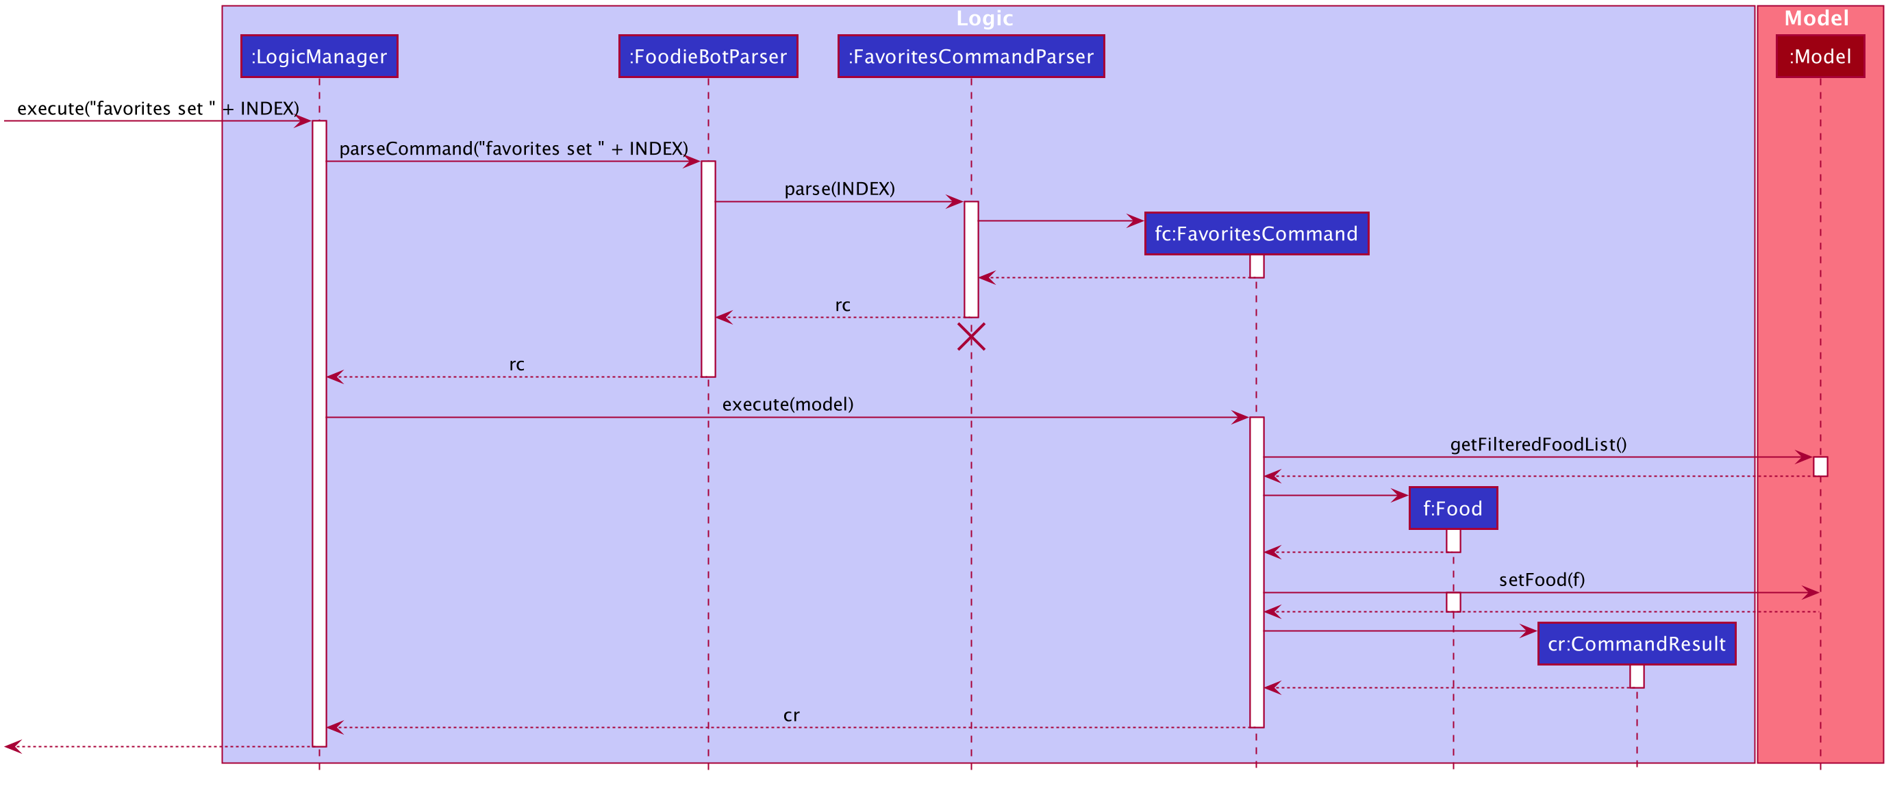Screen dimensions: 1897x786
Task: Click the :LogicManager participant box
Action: coord(319,56)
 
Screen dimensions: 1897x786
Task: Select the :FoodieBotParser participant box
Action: coord(707,56)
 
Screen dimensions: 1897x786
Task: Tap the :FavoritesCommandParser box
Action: coord(970,56)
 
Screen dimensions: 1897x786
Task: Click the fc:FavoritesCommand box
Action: coord(1256,233)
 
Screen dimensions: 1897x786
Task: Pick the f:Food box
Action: coord(1453,508)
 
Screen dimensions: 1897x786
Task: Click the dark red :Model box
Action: coord(1820,56)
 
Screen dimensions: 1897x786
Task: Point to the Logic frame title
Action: coord(985,18)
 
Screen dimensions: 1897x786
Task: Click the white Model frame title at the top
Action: coord(1816,18)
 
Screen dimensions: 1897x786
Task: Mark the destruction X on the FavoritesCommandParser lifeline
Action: coord(971,336)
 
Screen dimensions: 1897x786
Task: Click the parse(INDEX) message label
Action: coord(840,188)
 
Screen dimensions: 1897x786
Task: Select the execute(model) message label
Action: coord(788,404)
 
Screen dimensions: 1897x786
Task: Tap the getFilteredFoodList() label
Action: coord(1538,444)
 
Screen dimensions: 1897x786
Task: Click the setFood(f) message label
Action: coord(1542,579)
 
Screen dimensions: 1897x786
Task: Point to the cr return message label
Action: coord(791,715)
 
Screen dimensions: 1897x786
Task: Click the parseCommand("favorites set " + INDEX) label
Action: coord(513,148)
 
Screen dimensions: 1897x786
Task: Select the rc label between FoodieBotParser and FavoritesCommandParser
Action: coord(842,305)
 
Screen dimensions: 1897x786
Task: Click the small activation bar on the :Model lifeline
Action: coord(1820,466)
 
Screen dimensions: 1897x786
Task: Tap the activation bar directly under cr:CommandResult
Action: coord(1636,676)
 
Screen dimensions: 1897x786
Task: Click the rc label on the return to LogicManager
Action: coord(516,364)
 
